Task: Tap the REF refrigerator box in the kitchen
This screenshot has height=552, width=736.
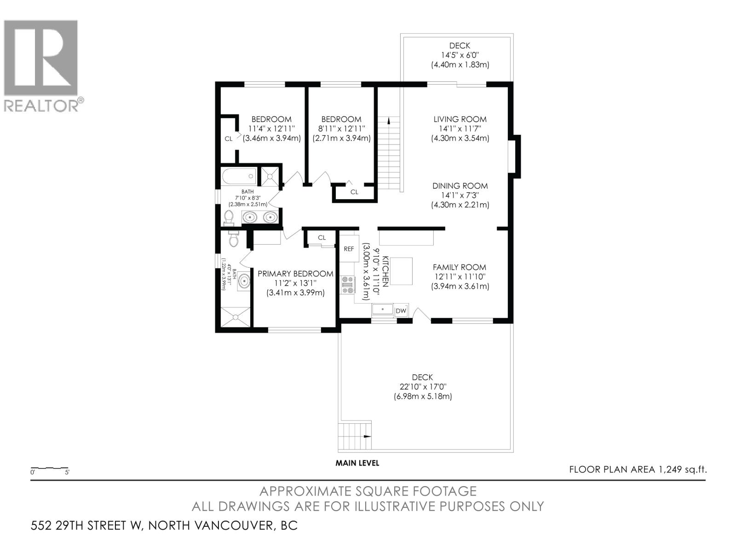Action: pyautogui.click(x=349, y=249)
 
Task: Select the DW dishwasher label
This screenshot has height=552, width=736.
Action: pyautogui.click(x=401, y=311)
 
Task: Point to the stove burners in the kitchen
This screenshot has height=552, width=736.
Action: pyautogui.click(x=347, y=284)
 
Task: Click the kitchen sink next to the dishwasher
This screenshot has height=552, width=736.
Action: pyautogui.click(x=382, y=310)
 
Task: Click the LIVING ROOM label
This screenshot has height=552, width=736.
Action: pyautogui.click(x=460, y=119)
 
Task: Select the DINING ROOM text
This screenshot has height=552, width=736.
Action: pyautogui.click(x=460, y=186)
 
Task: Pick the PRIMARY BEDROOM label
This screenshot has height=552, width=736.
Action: pyautogui.click(x=295, y=274)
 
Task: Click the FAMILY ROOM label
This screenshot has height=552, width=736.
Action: pyautogui.click(x=459, y=267)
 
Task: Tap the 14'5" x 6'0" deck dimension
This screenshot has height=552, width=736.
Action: pyautogui.click(x=460, y=55)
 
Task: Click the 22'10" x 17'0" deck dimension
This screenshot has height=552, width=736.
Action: pyautogui.click(x=422, y=387)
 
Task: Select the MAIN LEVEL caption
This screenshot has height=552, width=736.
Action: pyautogui.click(x=357, y=463)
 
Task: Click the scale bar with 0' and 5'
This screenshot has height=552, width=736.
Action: pyautogui.click(x=49, y=469)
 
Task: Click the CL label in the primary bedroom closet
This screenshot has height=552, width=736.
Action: pyautogui.click(x=322, y=237)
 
